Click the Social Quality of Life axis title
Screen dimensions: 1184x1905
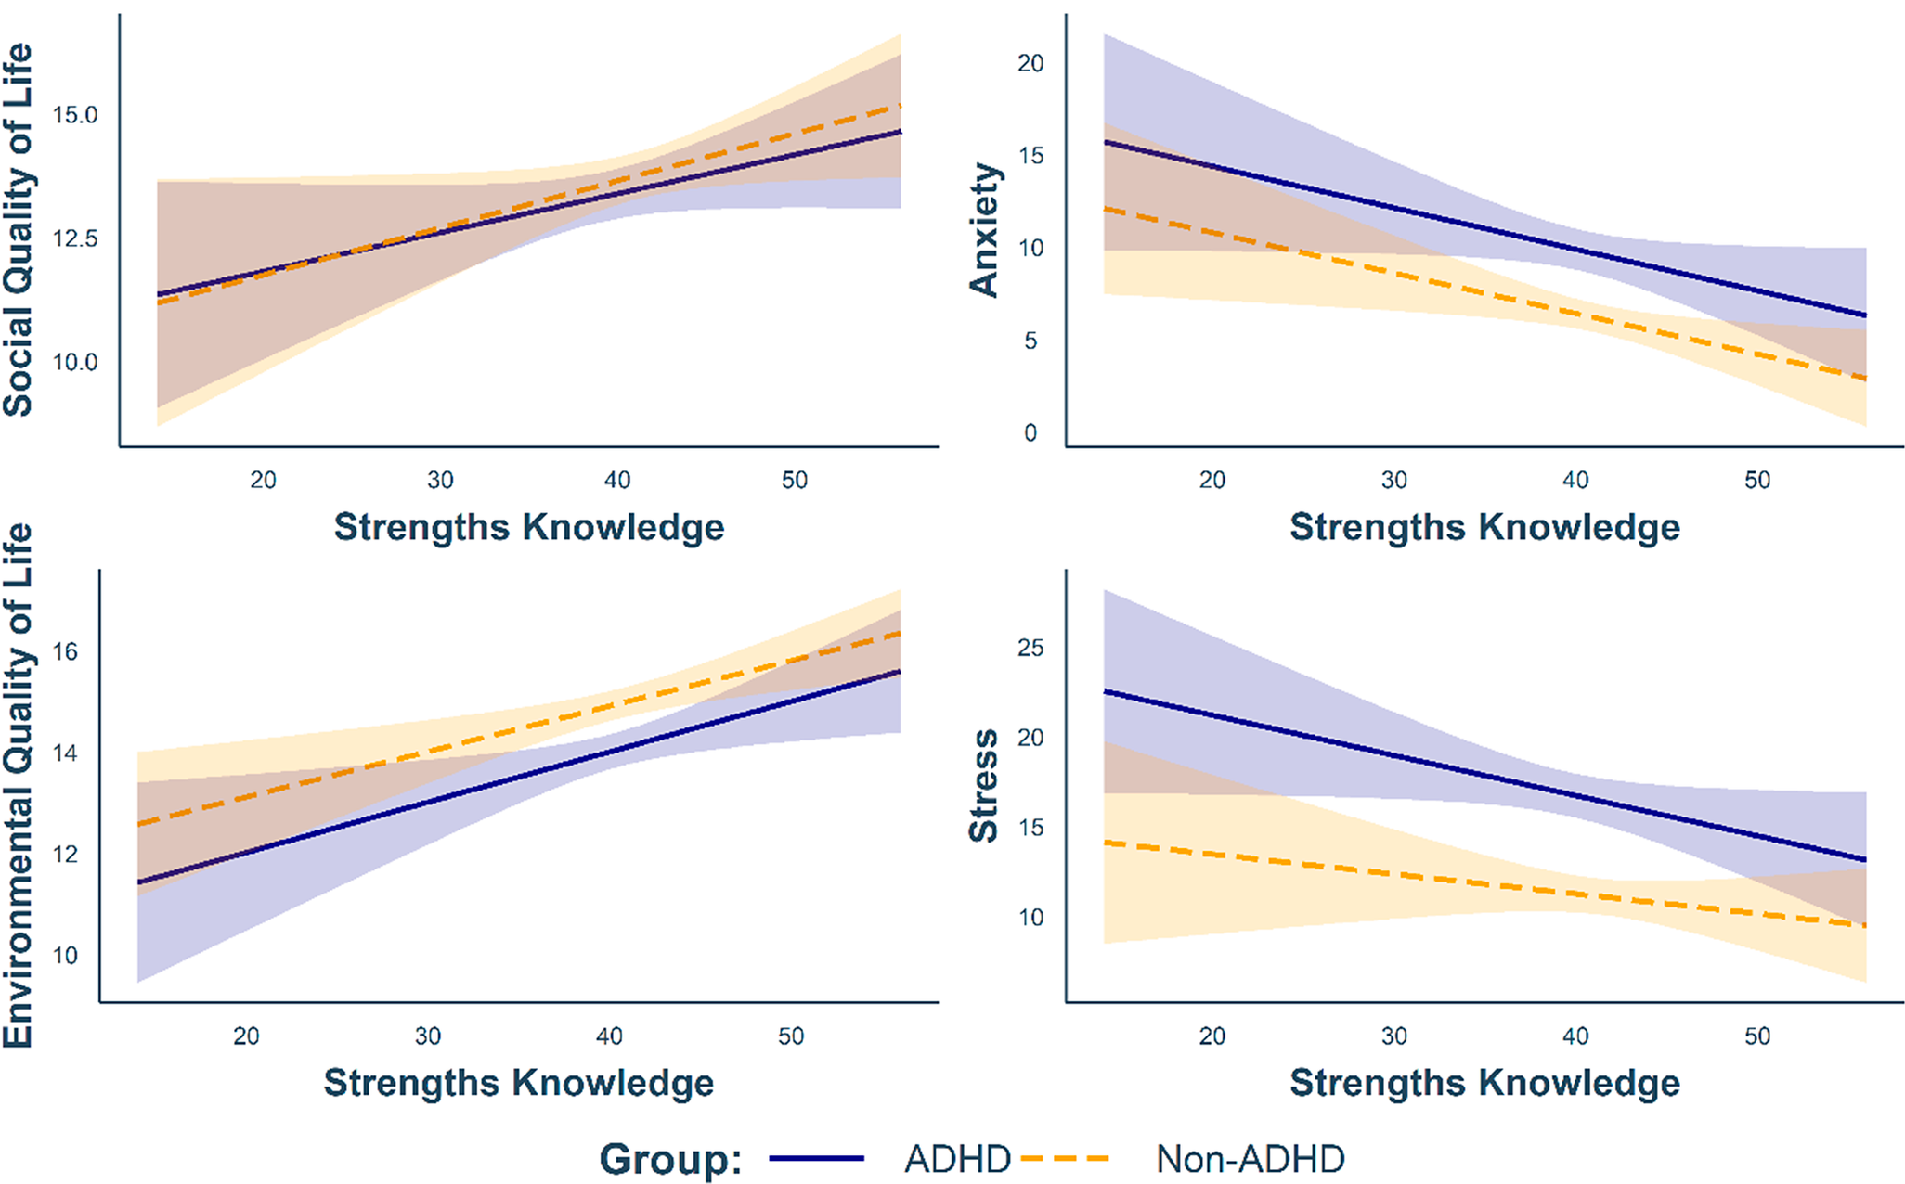[19, 230]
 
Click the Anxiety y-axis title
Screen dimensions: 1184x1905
[984, 230]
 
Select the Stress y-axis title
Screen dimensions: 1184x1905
[984, 785]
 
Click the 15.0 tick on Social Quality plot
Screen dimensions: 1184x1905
[74, 115]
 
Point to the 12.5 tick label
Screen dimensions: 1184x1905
[74, 238]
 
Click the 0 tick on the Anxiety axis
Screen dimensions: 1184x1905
[1030, 433]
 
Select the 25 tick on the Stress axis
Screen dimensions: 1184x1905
[1030, 648]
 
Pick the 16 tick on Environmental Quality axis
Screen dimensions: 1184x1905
[65, 652]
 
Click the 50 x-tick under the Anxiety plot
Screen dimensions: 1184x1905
[1756, 480]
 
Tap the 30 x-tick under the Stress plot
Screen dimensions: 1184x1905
[1393, 1036]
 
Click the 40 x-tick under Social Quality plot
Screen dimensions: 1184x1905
[617, 480]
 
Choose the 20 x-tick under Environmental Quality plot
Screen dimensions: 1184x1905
[246, 1036]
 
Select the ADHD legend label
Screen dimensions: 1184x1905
[957, 1159]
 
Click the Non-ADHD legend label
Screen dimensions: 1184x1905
[1250, 1159]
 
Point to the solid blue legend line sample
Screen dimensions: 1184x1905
[816, 1159]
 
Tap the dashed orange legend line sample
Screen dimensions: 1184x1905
[1065, 1159]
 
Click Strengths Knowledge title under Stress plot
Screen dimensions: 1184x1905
[1484, 1083]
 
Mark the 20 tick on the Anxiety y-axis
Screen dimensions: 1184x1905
[1030, 63]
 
